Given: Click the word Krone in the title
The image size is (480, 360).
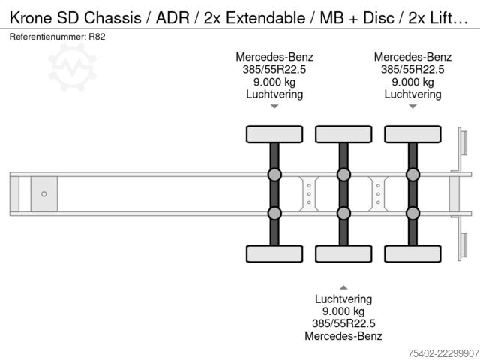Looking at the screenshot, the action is click(x=31, y=18).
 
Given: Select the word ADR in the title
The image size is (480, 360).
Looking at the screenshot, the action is click(x=172, y=18).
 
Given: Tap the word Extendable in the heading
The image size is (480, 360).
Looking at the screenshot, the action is click(x=265, y=18).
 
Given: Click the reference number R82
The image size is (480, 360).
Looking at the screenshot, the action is click(x=97, y=37).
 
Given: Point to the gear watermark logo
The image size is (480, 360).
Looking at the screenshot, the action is click(x=72, y=67).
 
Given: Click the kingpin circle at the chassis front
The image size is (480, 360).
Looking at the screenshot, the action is click(x=44, y=194).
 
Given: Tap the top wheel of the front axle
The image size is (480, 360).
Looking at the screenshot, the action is click(x=274, y=134).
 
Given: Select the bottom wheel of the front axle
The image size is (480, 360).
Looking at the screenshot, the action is click(x=274, y=253).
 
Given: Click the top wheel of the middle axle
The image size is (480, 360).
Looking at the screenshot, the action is click(x=343, y=134).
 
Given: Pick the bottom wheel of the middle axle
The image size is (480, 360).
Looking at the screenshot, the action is click(x=343, y=253).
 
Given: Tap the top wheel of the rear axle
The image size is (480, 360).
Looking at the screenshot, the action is click(x=413, y=134).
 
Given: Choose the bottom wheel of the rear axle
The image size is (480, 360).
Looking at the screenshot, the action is click(x=413, y=253).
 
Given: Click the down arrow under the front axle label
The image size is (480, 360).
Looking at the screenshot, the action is click(x=274, y=106).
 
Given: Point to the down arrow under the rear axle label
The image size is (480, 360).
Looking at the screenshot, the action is click(x=413, y=106).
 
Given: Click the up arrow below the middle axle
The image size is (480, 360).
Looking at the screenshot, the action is click(x=343, y=287).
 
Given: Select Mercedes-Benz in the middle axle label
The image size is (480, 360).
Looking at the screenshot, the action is click(x=343, y=336).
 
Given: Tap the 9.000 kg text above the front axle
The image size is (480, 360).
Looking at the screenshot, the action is click(x=274, y=82).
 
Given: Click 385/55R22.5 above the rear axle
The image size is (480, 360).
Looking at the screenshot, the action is click(x=412, y=70).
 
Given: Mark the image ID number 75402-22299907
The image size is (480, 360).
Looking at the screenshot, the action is click(x=443, y=353).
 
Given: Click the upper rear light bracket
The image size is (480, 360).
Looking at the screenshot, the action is click(x=462, y=149).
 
